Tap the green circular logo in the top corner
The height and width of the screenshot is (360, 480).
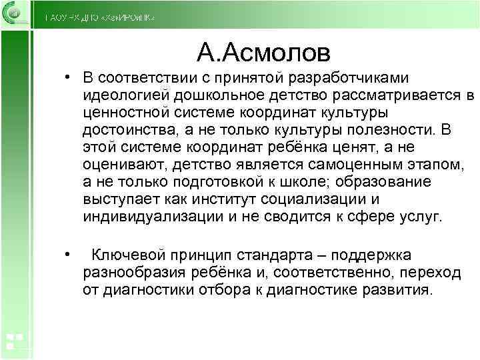tap(14, 14)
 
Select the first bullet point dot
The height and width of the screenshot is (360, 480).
tap(68, 78)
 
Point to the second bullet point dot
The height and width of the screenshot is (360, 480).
tap(68, 254)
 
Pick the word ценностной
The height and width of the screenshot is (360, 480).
tap(122, 113)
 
